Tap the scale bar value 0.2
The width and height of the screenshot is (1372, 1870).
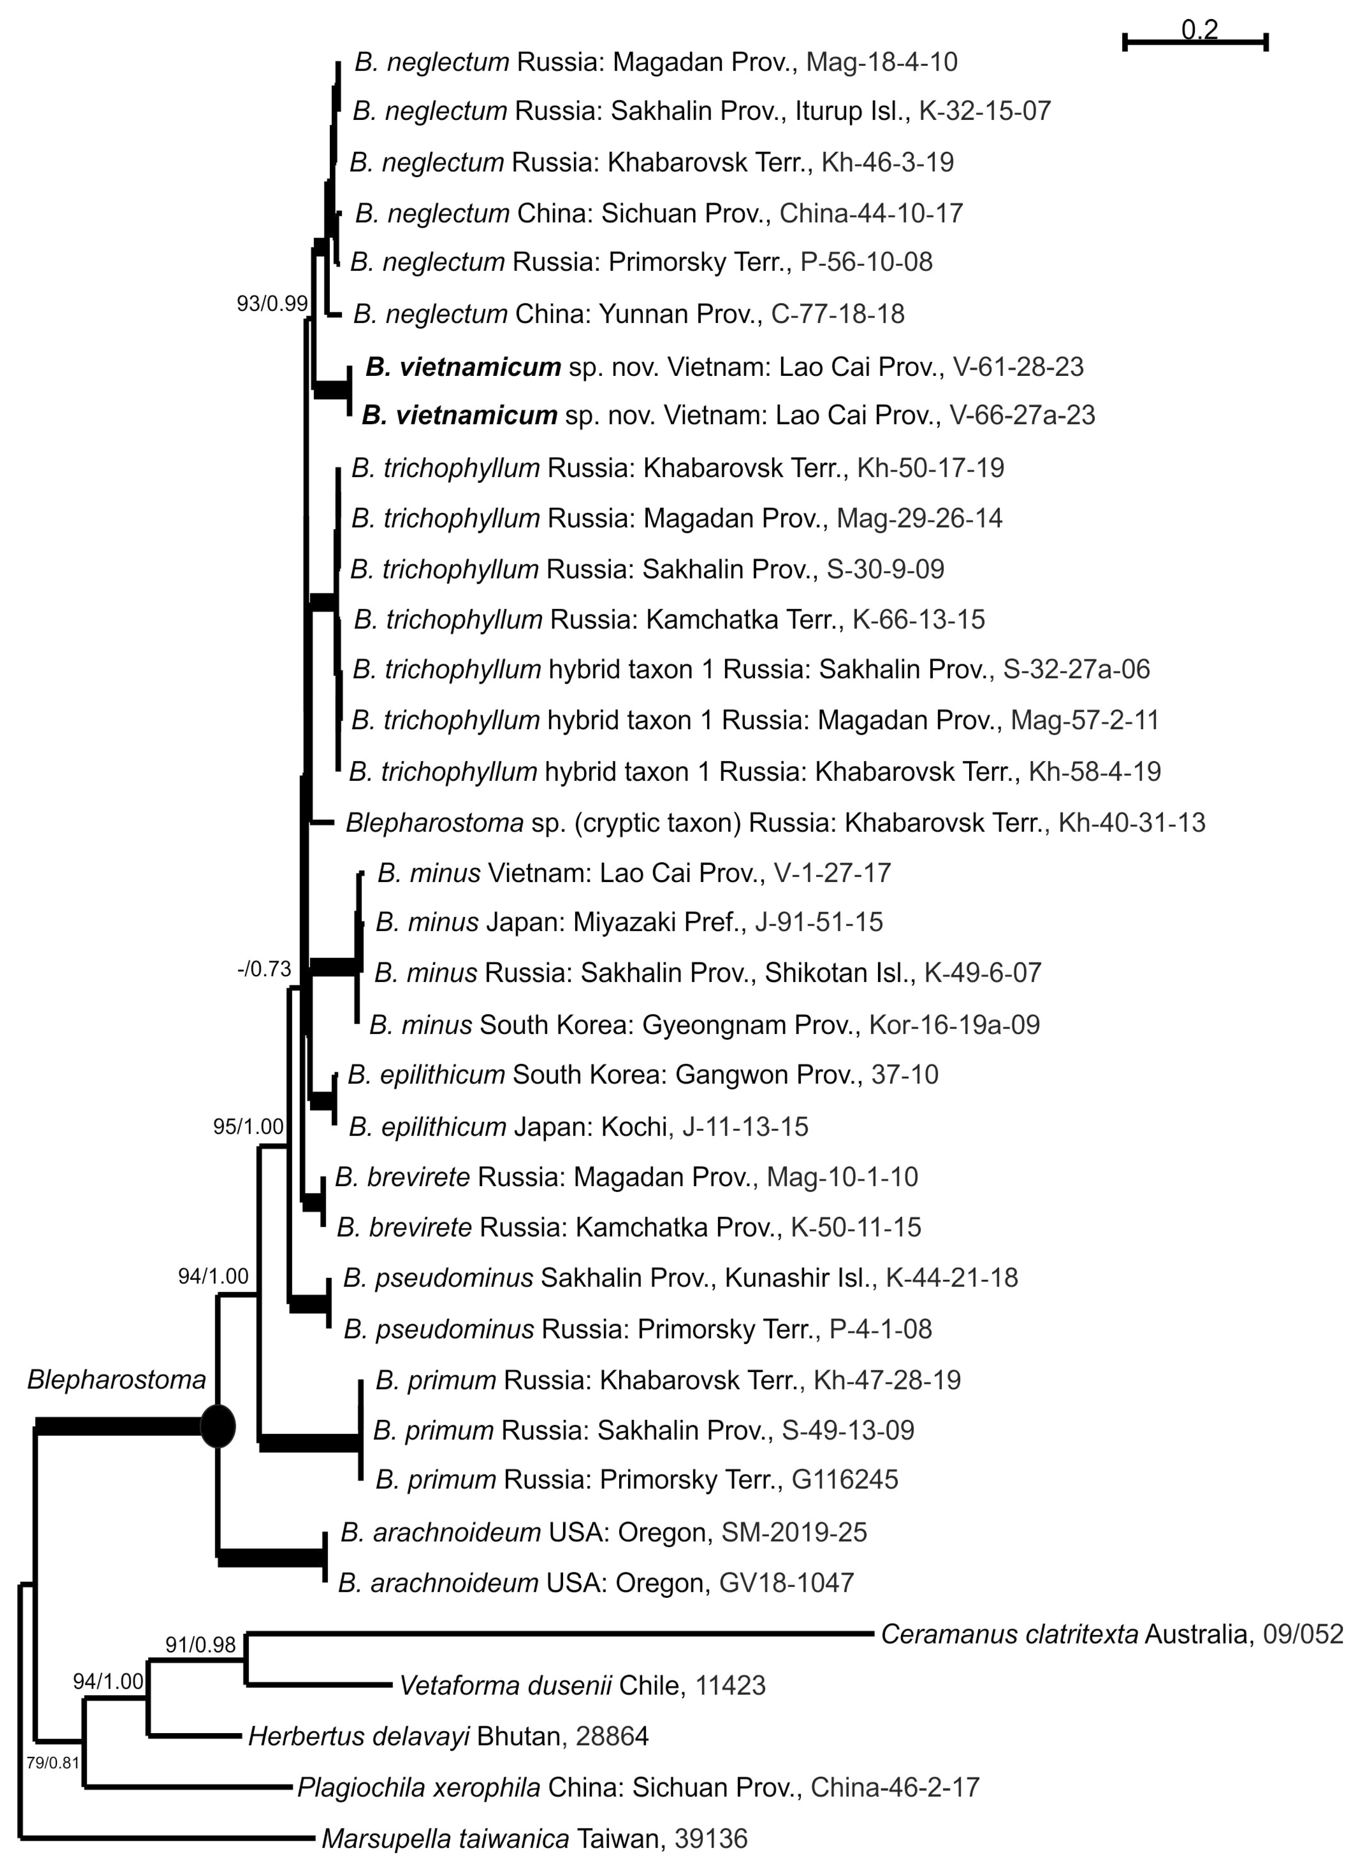pos(1199,30)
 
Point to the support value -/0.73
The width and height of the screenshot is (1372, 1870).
pos(264,969)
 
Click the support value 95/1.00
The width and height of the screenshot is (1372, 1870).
pos(248,1127)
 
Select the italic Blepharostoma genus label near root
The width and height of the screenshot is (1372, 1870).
pos(116,1380)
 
